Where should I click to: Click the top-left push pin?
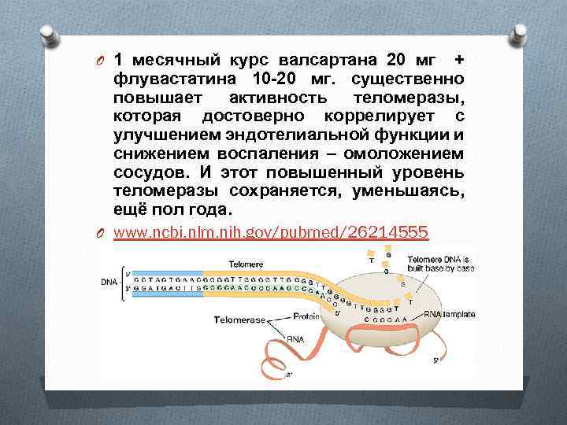point(47,36)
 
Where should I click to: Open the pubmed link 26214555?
point(271,232)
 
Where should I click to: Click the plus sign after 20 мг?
point(459,60)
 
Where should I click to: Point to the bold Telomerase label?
point(237,320)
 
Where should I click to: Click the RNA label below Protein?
point(295,339)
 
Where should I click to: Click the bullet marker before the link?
point(101,233)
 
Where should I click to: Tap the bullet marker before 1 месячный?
point(101,61)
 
